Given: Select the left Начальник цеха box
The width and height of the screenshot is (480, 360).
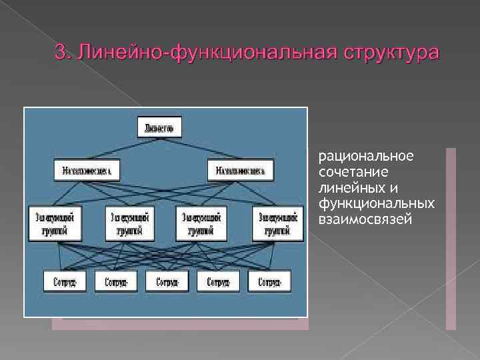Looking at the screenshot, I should point(87,171).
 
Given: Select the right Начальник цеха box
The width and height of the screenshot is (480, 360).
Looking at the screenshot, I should point(240,171).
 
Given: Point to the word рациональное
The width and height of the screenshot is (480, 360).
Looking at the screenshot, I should point(357,157).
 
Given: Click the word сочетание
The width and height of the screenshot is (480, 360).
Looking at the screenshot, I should point(349,172).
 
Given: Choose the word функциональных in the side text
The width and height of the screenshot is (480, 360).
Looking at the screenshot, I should point(377,203).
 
